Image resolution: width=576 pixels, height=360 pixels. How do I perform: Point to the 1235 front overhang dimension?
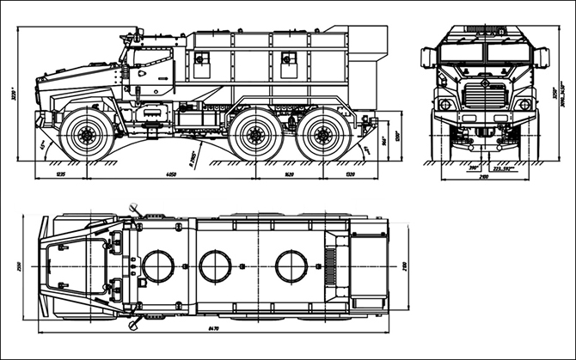[x=60, y=174]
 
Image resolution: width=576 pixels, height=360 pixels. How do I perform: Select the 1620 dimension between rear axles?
[x=288, y=174]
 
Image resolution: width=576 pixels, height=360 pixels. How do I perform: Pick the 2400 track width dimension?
[x=483, y=175]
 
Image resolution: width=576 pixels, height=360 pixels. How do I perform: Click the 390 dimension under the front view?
[x=472, y=168]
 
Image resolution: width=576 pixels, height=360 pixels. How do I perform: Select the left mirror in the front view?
[x=426, y=58]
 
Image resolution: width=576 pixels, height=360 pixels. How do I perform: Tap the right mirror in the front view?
[x=543, y=58]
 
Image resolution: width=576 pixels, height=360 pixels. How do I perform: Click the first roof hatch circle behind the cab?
[x=158, y=265]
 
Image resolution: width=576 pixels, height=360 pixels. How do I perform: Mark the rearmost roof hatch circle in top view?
[x=291, y=265]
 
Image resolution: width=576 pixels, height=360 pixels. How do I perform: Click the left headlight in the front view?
[x=444, y=105]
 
